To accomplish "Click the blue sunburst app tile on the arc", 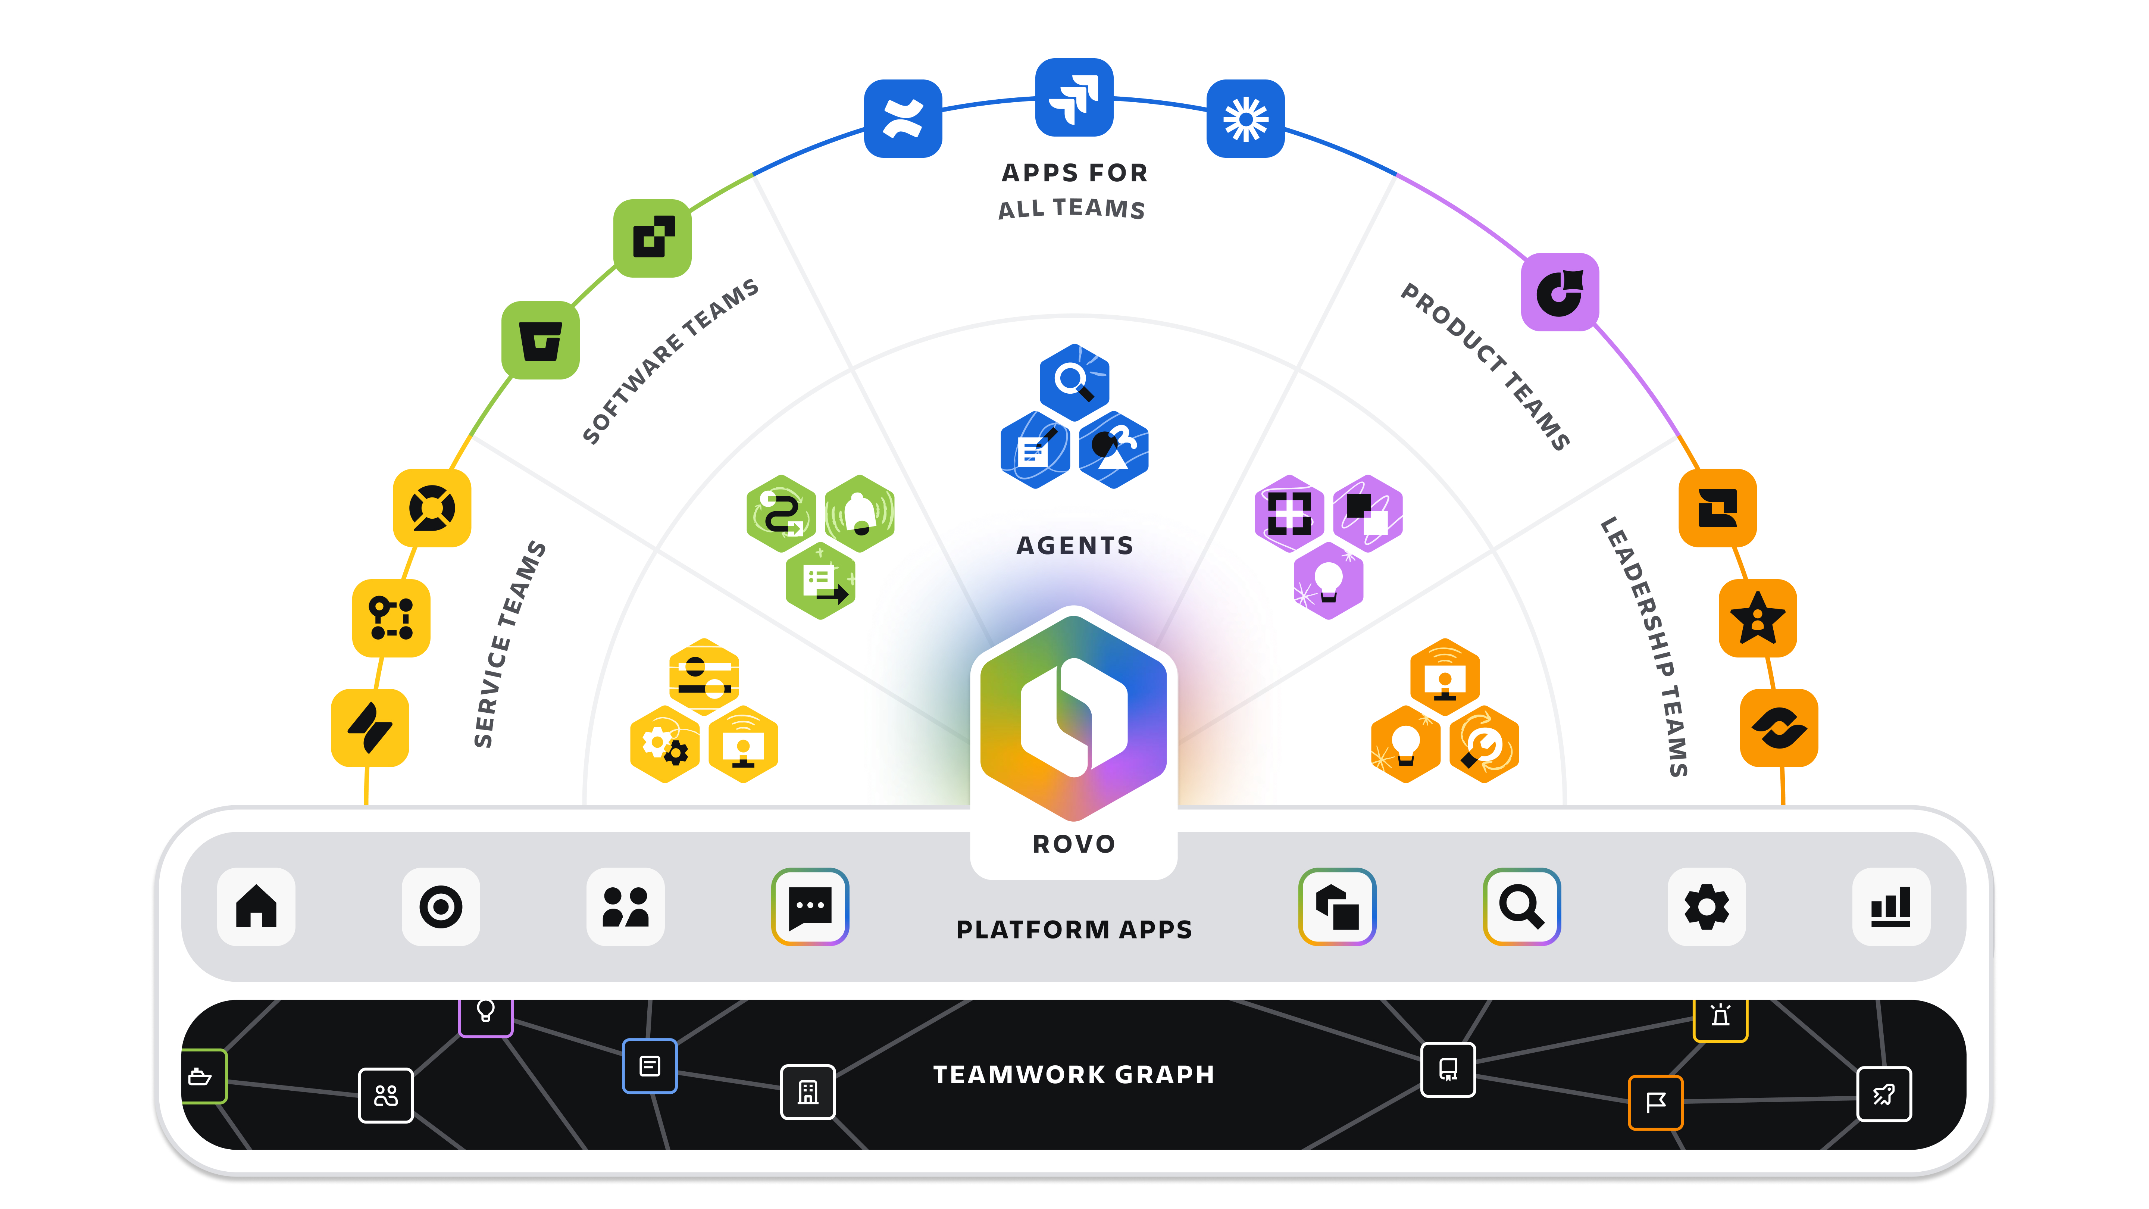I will [1245, 119].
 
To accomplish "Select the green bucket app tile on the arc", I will [541, 340].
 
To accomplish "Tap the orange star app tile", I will [1758, 618].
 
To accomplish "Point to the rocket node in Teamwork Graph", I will [1884, 1094].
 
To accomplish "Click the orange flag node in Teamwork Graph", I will [1655, 1102].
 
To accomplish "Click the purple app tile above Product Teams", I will [1559, 292].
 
